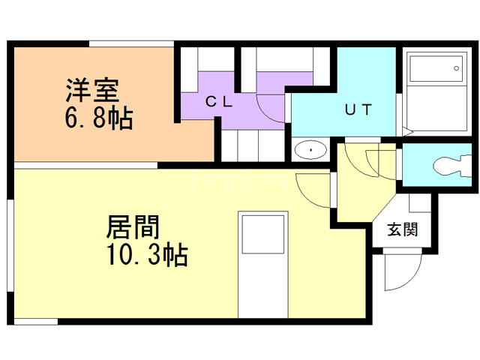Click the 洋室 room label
pos(92,91)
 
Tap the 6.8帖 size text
pos(99,118)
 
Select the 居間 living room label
pos(133,226)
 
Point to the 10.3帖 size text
pos(147,254)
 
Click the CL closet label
pos(219,102)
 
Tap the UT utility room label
pos(358,109)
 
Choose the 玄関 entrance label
pos(402,229)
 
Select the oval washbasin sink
pos(310,150)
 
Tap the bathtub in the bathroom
pos(436,68)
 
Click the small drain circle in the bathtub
pos(456,68)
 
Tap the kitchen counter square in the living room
pos(263,235)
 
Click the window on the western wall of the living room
pos(10,245)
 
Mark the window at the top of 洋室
pos(132,43)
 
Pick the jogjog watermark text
pos(238,181)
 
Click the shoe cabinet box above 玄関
pos(420,202)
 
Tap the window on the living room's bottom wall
pos(36,322)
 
